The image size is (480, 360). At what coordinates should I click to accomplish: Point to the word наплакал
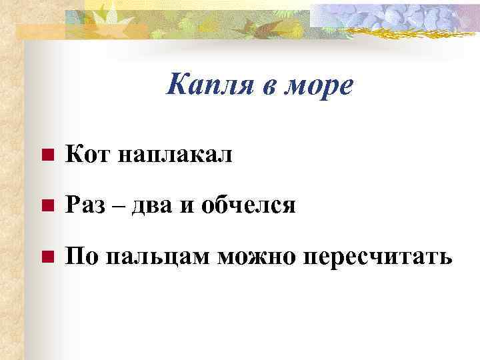pyautogui.click(x=175, y=157)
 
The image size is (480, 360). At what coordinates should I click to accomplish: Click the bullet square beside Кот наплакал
pyautogui.click(x=45, y=157)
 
